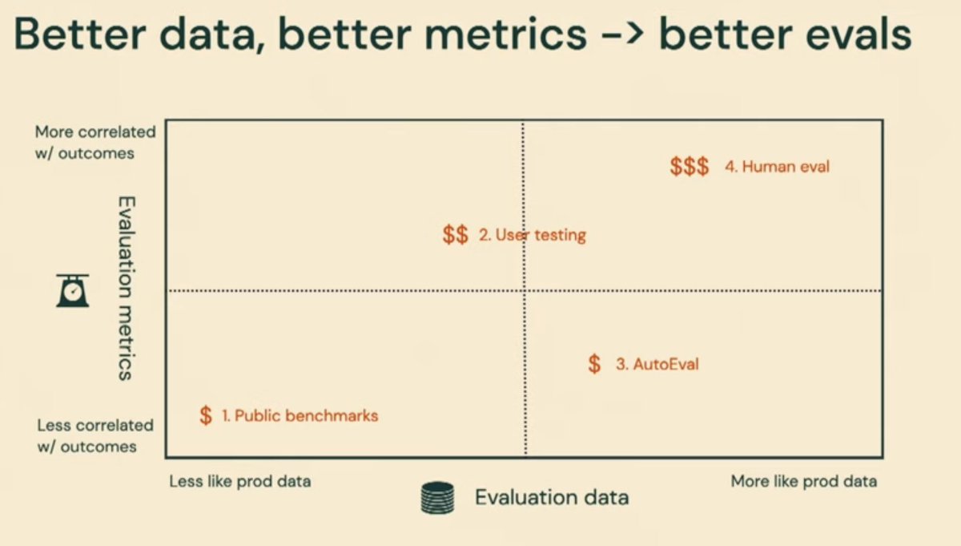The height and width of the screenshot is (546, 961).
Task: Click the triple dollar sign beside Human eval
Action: (690, 167)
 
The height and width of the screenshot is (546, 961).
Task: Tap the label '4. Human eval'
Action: (777, 167)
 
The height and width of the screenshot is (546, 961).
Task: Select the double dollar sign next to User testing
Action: (455, 235)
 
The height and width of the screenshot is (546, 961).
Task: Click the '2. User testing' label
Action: (533, 235)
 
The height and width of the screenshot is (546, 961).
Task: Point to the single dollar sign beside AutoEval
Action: (593, 363)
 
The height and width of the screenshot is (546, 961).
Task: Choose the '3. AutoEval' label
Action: (657, 364)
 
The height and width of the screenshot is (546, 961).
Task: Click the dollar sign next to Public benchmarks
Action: (206, 415)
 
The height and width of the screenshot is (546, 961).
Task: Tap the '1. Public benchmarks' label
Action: (300, 415)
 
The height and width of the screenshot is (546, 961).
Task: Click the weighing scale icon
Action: (72, 290)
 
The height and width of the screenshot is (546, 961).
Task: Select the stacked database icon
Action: (437, 497)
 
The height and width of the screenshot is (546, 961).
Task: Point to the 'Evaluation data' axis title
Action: (552, 497)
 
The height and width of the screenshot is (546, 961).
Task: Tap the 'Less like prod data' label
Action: (240, 481)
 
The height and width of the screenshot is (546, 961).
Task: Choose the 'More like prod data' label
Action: (803, 481)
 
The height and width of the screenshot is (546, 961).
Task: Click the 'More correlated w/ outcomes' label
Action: (95, 142)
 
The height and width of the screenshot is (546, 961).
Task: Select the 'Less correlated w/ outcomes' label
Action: (95, 435)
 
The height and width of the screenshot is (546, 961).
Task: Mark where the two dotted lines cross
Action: (525, 290)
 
